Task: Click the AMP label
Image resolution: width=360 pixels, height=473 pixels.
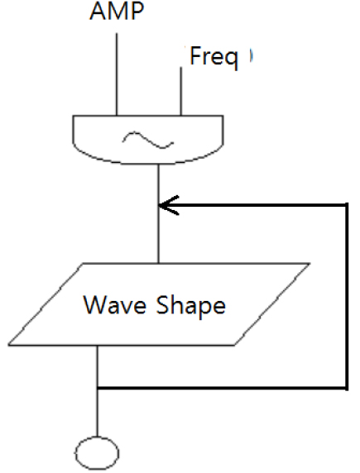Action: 117,11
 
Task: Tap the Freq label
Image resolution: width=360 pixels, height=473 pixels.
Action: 214,57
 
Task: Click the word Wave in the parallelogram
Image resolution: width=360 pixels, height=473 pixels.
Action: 114,305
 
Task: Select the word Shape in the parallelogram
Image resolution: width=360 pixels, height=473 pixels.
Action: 190,306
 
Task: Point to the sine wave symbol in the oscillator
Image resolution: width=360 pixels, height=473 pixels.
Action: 148,141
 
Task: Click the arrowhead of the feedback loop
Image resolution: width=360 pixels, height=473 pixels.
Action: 169,205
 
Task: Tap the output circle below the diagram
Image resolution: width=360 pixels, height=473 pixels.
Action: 97,453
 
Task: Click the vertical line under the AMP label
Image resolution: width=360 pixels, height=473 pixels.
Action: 117,74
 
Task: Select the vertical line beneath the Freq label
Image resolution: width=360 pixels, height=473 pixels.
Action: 181,91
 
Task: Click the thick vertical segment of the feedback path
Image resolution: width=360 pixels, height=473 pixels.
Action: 347,297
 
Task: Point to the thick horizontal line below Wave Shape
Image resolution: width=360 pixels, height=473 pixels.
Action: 222,388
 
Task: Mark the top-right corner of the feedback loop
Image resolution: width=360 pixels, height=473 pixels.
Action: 347,205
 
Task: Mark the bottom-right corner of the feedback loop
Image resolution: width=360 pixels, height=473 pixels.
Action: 347,388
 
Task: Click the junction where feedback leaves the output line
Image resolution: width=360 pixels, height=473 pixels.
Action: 98,388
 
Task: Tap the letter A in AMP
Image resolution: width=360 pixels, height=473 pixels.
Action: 98,12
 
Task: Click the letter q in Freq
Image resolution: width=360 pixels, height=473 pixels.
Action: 232,60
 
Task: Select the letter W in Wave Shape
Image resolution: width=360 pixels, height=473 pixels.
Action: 95,305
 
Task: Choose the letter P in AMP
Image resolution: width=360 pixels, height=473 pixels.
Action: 137,12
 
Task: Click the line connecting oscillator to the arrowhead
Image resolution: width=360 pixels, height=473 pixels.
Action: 158,184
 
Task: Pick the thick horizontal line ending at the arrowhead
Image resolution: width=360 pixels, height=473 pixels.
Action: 252,205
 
